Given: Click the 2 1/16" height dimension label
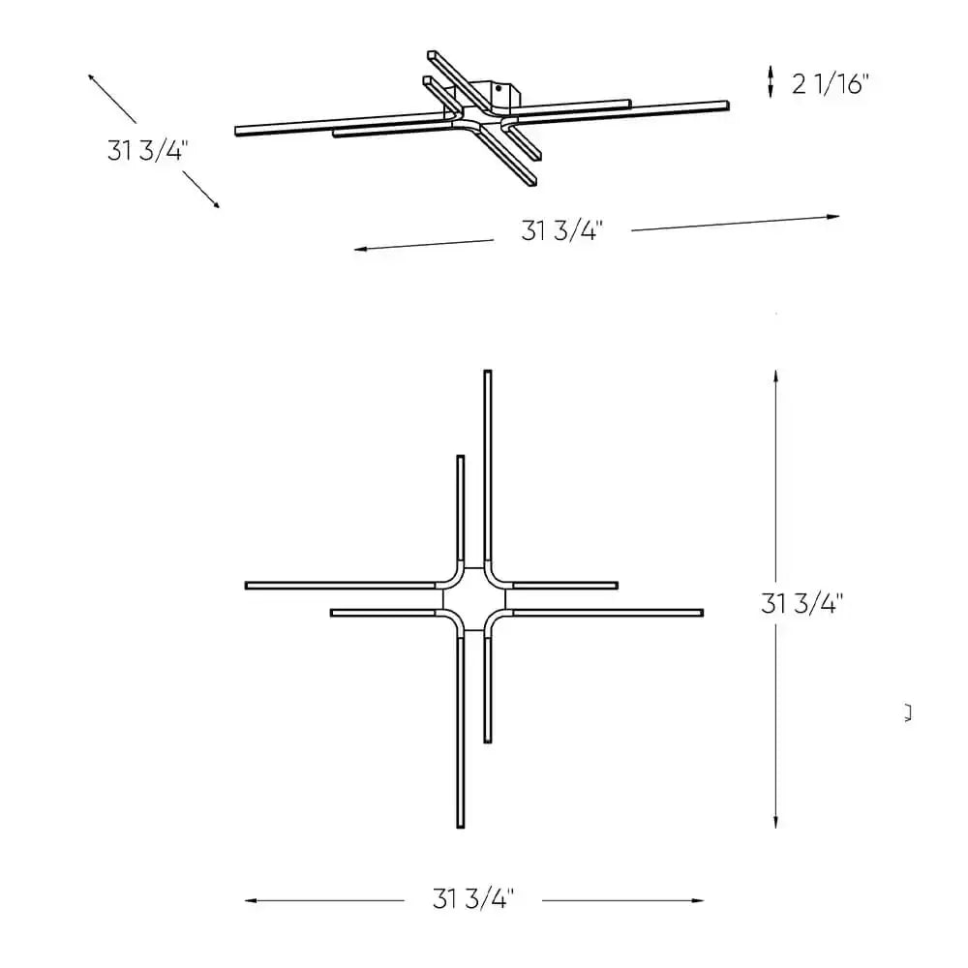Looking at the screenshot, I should point(831,84).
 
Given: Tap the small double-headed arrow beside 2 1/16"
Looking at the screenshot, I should point(771,81).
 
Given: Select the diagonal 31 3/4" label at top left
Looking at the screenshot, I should point(148,150).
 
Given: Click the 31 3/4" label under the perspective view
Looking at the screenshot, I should point(561,231).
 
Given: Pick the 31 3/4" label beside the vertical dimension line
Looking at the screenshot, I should point(802,604).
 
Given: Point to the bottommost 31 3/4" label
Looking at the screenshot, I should point(471,899).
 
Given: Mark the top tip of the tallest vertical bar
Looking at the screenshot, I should point(488,373).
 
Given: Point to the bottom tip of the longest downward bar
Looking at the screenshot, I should point(460,826).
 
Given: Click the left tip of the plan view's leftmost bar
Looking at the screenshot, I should point(248,586).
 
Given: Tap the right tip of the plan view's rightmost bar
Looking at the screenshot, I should point(702,613).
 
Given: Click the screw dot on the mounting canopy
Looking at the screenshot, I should point(499,88).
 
